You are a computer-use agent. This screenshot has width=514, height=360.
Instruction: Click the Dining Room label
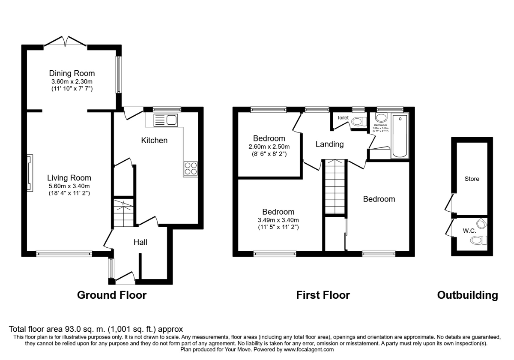click(72, 73)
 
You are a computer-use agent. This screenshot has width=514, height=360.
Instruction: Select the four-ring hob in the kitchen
click(191, 168)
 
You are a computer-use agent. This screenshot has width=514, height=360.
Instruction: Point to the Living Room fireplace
click(30, 173)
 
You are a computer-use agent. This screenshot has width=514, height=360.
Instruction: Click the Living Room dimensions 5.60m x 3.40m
click(69, 186)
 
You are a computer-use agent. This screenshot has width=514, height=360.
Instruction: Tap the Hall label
click(140, 243)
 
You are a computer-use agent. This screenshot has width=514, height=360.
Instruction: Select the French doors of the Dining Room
click(66, 42)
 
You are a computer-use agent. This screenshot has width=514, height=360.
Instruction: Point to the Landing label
click(329, 144)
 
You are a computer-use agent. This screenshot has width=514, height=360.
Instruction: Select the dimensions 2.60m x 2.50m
click(269, 146)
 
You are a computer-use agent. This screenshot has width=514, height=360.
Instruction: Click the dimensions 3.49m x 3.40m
click(278, 220)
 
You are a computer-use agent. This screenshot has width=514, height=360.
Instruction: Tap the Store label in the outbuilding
click(472, 179)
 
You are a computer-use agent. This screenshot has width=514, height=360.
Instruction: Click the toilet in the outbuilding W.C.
click(477, 241)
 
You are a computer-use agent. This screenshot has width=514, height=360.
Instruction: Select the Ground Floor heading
click(112, 295)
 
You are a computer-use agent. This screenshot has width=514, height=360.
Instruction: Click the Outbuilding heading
click(467, 295)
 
